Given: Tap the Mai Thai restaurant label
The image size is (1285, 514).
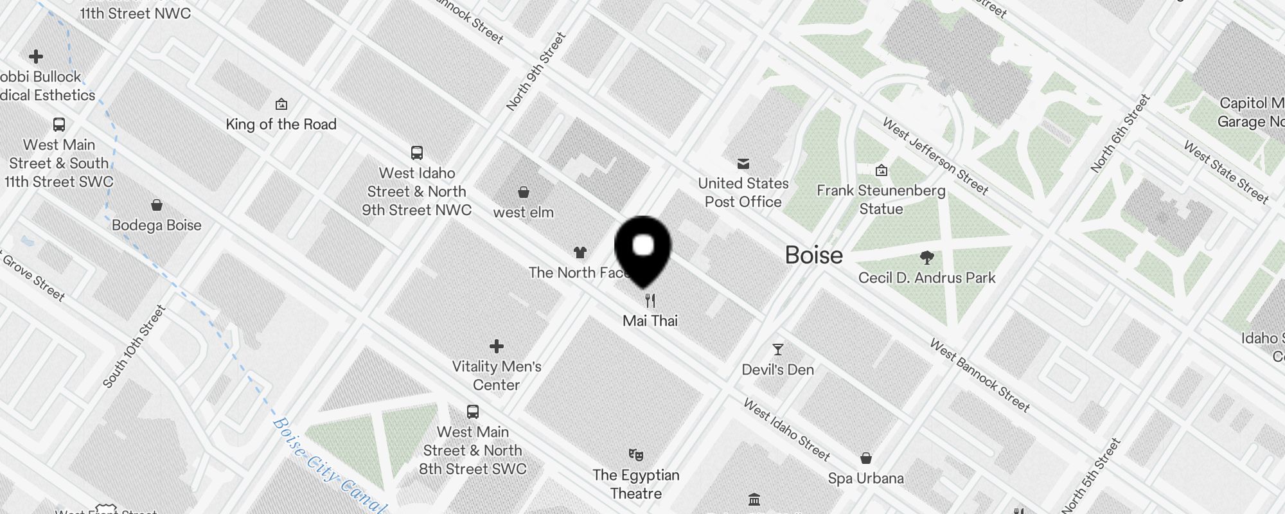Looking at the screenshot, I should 650,321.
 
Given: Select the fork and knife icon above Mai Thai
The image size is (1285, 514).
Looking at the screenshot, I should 650,300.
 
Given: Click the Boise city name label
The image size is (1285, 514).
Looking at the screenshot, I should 813,255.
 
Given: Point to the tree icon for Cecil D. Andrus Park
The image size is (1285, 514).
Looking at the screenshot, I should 926,258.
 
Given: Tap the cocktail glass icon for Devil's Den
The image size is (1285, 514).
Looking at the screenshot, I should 778,350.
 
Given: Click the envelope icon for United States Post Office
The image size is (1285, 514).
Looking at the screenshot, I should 743,164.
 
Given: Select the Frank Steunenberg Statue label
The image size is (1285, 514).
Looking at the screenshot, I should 881,199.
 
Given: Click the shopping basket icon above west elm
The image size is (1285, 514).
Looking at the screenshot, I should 524,192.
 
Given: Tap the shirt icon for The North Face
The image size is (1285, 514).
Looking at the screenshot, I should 580,253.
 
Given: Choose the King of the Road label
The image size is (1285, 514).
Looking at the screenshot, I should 281,124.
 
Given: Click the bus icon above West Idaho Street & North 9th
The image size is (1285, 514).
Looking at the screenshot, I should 417,153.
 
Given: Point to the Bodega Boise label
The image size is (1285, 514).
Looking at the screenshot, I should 156,225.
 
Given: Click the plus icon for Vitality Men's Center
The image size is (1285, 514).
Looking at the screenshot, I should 497,346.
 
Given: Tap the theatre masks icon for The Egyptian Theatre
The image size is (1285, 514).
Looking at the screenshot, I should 636,455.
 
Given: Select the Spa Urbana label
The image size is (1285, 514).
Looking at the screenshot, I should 865,478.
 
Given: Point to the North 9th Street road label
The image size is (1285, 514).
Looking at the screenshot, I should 535,71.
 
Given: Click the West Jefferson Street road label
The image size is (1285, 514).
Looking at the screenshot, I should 935,156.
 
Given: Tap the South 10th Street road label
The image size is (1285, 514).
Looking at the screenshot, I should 134,346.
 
